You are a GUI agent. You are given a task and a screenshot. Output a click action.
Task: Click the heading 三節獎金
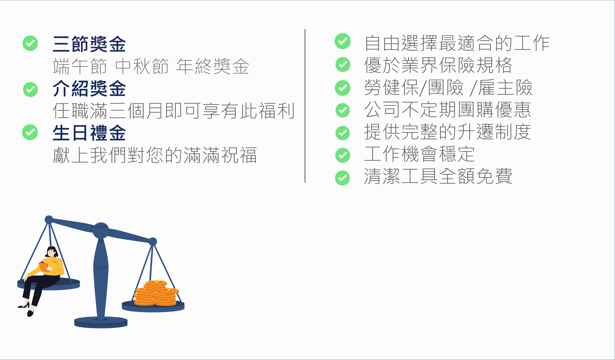click(x=89, y=44)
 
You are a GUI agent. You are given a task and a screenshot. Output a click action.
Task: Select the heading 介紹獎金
click(x=89, y=88)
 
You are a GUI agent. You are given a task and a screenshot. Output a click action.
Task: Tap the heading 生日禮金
click(x=89, y=133)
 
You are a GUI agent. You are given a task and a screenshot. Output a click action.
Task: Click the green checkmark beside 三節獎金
click(x=30, y=43)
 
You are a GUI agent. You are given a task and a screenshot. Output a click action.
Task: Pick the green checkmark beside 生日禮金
click(x=30, y=132)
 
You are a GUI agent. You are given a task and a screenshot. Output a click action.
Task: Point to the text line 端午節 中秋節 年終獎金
click(x=151, y=66)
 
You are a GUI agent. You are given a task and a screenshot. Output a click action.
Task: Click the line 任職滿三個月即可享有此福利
click(x=174, y=110)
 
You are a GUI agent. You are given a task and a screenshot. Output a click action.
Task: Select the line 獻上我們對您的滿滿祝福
click(x=155, y=155)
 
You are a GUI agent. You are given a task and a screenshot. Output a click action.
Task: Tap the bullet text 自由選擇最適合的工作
click(x=457, y=43)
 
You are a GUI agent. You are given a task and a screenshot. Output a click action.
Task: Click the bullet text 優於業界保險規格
click(x=438, y=65)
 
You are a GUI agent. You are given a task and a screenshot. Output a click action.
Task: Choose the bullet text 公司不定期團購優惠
click(x=448, y=109)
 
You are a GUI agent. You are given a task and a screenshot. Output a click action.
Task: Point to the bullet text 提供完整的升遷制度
click(x=448, y=132)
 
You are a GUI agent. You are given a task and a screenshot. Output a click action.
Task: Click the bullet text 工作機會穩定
click(x=420, y=154)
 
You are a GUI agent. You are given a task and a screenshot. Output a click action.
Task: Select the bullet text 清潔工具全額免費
click(x=438, y=176)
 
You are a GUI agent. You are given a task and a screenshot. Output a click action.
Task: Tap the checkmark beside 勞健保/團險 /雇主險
click(x=343, y=88)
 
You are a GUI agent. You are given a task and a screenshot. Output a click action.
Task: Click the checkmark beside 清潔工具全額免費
click(x=343, y=178)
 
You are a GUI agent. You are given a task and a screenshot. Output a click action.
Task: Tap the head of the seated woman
click(x=52, y=252)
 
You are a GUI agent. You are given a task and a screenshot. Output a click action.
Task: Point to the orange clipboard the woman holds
click(x=44, y=267)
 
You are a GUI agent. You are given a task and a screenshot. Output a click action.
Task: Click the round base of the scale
click(x=101, y=322)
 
